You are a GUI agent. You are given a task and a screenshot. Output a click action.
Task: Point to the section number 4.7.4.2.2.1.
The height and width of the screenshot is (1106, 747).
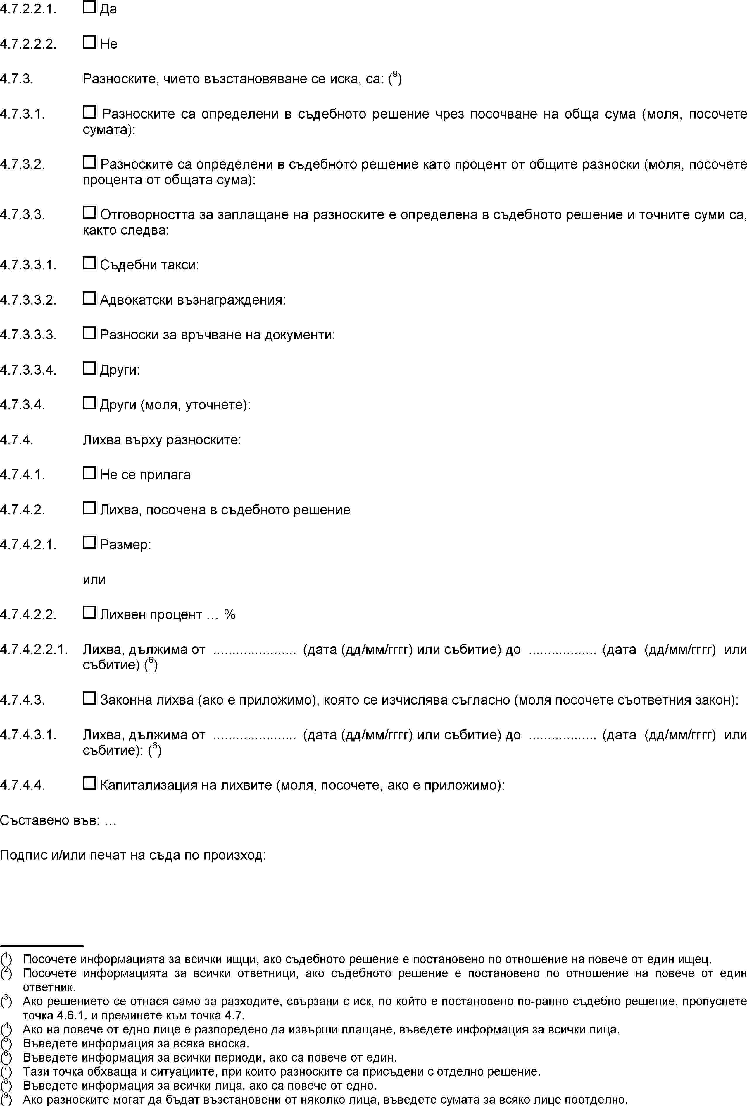pyautogui.click(x=34, y=650)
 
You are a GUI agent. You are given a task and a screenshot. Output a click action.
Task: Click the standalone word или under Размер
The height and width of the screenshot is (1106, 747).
pyautogui.click(x=94, y=580)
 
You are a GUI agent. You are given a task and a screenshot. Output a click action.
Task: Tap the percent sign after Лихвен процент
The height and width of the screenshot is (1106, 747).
pyautogui.click(x=230, y=614)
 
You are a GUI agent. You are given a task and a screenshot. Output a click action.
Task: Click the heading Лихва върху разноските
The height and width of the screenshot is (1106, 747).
pyautogui.click(x=162, y=440)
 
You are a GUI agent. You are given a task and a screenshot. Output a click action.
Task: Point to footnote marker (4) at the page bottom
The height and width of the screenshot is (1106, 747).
pyautogui.click(x=6, y=1029)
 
